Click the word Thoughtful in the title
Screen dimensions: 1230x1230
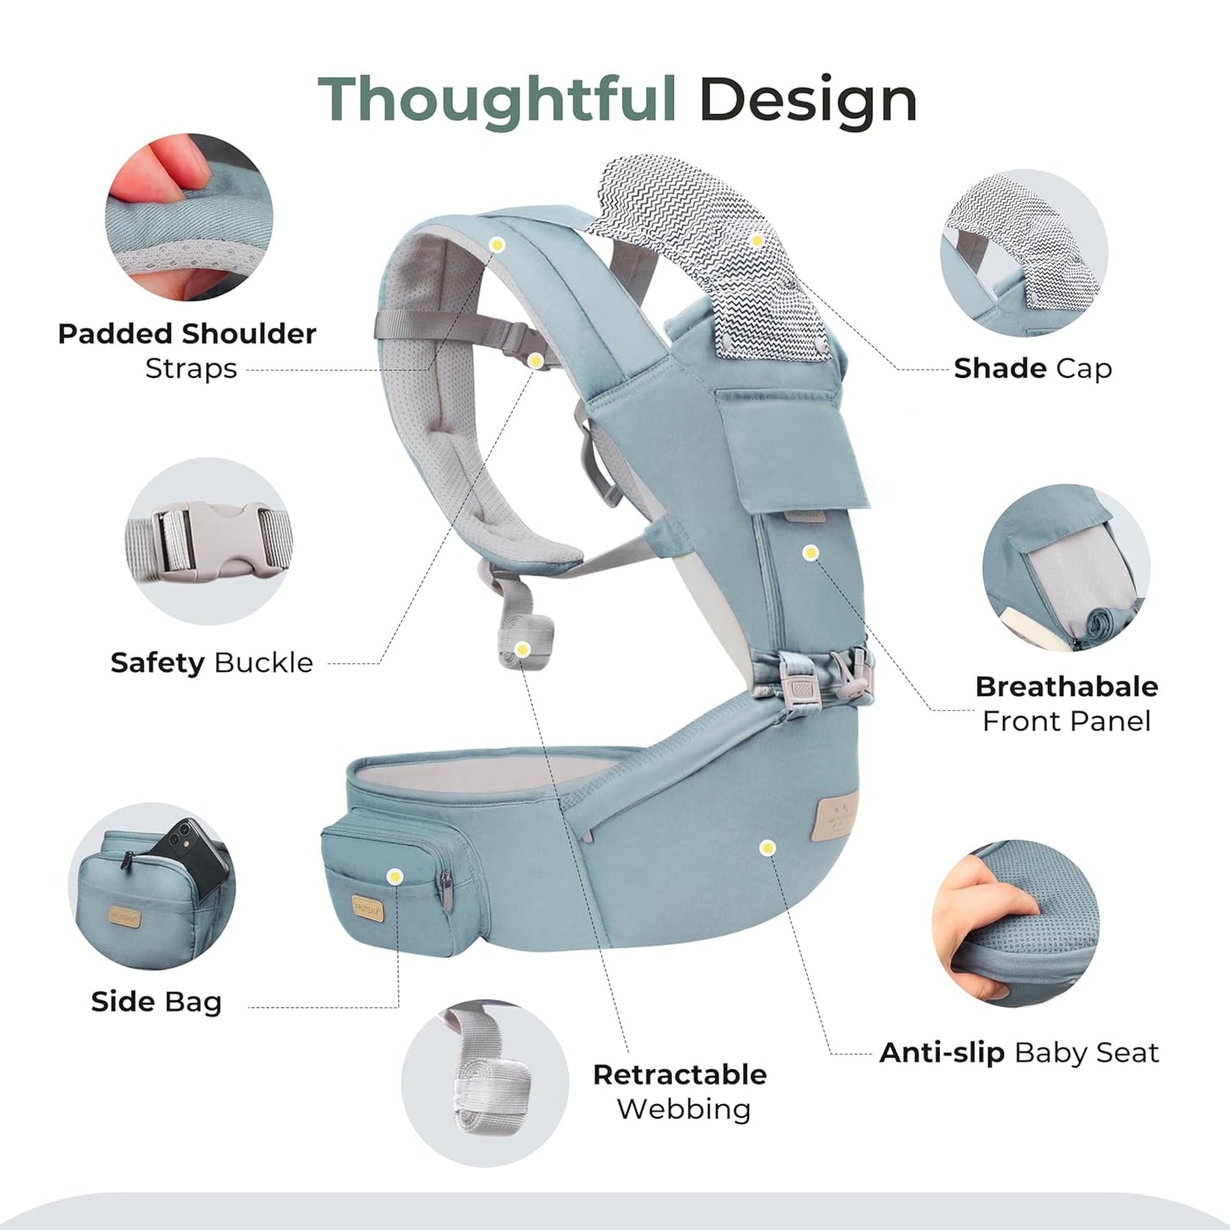[496, 100]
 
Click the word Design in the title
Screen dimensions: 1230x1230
[808, 100]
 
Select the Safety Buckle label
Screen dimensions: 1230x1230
[212, 662]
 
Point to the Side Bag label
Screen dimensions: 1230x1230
[157, 1002]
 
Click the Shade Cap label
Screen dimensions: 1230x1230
[1033, 369]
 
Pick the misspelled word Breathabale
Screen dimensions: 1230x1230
[1067, 687]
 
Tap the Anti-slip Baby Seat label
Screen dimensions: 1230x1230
[1019, 1053]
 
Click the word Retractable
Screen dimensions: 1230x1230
[680, 1075]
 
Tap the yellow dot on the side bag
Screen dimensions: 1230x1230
[395, 877]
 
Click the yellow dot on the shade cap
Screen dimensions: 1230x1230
[757, 241]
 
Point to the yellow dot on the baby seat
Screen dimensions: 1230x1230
[767, 848]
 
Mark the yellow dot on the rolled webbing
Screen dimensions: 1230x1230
[523, 649]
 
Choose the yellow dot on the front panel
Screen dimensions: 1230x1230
[810, 552]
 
